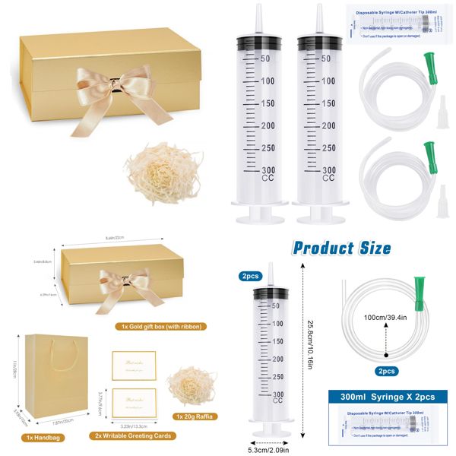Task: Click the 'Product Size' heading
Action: [x=342, y=247]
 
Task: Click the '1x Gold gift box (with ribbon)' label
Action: [x=157, y=326]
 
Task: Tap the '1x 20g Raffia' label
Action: [x=196, y=417]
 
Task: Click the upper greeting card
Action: [x=134, y=364]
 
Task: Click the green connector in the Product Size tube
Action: [x=416, y=292]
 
